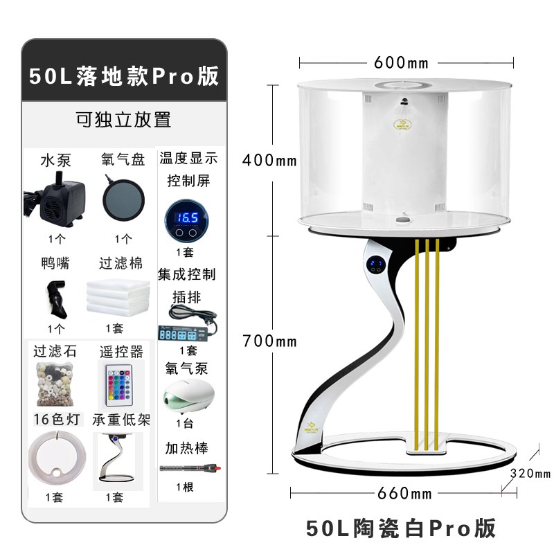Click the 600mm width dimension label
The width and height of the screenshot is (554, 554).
tap(401, 63)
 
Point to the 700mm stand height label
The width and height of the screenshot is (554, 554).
tap(269, 341)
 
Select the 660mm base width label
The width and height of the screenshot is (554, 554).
tap(403, 494)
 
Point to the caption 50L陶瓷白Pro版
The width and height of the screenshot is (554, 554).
tap(401, 528)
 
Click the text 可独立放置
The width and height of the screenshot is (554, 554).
tap(123, 119)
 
